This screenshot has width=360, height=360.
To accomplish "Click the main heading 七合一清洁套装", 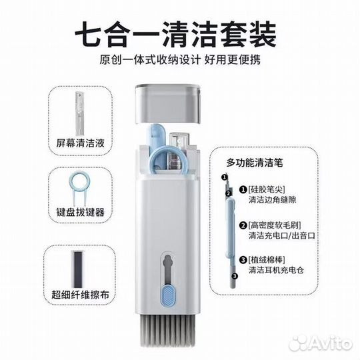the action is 176,34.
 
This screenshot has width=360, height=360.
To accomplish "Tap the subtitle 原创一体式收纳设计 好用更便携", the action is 180,60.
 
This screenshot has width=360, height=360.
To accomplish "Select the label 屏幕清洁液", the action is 80,143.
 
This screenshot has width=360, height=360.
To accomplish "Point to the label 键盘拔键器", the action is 80,212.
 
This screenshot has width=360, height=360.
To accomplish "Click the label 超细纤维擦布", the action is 80,295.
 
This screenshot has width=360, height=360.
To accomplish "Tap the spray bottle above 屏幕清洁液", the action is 80,113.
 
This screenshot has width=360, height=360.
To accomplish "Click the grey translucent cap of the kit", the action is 168,104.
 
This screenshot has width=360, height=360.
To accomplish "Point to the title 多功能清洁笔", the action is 255,162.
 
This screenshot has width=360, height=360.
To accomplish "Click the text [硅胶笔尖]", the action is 267,189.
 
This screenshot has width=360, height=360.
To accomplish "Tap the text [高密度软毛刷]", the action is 275,225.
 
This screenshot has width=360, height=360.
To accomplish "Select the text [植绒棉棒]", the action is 267,260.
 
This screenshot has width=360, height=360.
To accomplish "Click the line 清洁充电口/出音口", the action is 282,235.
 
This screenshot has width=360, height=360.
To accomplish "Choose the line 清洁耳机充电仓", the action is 276,270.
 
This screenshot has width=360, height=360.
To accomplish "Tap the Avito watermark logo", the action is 321,343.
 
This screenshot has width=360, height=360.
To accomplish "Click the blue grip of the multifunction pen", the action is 231,228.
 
